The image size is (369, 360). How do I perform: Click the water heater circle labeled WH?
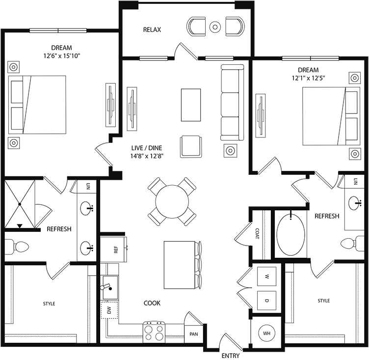(267, 333)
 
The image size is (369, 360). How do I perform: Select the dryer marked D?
(267, 300)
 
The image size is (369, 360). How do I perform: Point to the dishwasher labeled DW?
(109, 310)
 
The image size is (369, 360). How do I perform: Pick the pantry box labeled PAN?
(194, 334)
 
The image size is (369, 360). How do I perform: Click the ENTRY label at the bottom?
(231, 355)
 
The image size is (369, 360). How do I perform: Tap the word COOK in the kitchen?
(152, 303)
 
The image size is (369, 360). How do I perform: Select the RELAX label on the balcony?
(152, 29)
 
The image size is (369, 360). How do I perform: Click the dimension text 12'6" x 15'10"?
(61, 56)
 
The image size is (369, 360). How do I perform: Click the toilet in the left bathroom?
(17, 246)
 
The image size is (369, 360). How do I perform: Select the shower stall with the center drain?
(20, 204)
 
